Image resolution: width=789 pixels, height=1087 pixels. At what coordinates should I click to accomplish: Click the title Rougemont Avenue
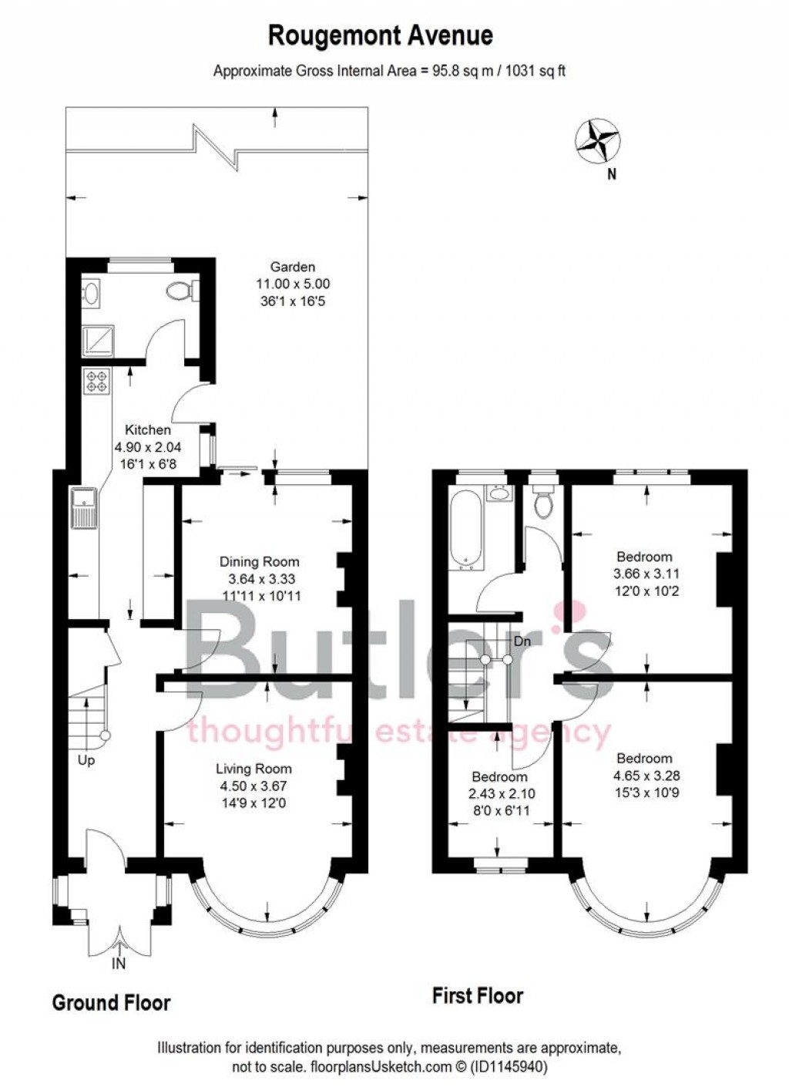coord(380,35)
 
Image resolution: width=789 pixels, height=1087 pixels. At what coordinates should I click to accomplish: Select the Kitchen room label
coord(148,430)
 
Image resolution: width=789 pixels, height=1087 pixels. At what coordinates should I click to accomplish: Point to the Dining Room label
coord(259,561)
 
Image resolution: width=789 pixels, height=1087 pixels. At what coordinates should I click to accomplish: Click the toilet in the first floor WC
coord(544,502)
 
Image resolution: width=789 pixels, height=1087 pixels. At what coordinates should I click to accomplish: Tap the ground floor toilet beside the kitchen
coord(179,291)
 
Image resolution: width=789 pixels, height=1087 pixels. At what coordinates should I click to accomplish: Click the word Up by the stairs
coord(86,761)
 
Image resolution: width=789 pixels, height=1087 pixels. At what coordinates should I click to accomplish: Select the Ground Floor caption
coord(111,1003)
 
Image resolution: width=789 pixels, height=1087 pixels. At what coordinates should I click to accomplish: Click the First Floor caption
coord(478,996)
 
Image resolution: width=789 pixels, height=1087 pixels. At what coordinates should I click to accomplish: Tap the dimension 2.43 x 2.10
coord(499,793)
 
